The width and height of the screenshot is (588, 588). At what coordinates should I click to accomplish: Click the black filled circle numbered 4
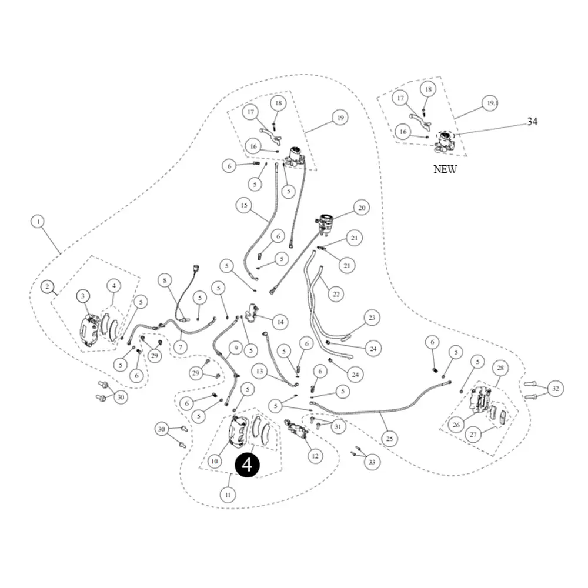pos(247,465)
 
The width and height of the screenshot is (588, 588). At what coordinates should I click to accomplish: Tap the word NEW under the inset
pos(445,169)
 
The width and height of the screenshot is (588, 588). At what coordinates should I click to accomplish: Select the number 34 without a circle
pos(532,122)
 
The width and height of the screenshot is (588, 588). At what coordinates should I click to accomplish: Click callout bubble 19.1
pos(492,103)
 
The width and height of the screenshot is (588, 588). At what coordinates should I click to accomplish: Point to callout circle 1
pos(38,222)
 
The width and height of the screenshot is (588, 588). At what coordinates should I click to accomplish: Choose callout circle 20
pos(362,208)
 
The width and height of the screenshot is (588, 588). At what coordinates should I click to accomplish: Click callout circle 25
pos(389,439)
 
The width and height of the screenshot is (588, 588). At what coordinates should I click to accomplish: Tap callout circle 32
pos(556,389)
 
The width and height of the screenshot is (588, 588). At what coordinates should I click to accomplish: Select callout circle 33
pos(372,462)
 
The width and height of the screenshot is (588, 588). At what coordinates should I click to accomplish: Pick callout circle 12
pos(315,456)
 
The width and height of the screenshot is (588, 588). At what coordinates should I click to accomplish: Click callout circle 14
pos(280,322)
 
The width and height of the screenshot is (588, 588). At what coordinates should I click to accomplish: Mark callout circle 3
pos(83,296)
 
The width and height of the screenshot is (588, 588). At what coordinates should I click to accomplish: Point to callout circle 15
pos(244,205)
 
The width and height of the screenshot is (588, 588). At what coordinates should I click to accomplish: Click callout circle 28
pos(500,368)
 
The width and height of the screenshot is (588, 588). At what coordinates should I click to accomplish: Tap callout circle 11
pos(228,495)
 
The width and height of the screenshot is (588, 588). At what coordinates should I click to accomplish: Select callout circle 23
pos(372,318)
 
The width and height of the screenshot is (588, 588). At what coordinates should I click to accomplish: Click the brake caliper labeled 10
pos(239,431)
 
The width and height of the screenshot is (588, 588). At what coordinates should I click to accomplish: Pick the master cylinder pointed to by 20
pos(324,224)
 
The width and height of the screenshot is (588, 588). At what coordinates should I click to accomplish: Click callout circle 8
pos(165,280)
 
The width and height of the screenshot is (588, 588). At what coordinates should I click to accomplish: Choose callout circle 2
pos(47,287)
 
